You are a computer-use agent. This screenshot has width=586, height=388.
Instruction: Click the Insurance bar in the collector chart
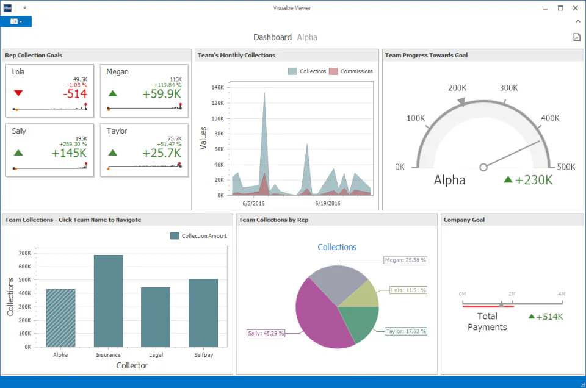(109, 301)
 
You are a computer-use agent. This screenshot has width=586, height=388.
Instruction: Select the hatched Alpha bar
(60, 318)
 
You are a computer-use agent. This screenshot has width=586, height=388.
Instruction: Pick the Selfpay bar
(203, 313)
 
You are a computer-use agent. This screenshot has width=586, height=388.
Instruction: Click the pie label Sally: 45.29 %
(266, 333)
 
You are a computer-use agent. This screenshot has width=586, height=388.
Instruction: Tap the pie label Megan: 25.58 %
(405, 260)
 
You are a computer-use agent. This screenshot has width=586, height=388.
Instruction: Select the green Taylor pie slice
(358, 322)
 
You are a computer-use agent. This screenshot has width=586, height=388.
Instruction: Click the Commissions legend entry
(351, 71)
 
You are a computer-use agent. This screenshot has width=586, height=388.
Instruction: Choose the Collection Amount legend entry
(198, 236)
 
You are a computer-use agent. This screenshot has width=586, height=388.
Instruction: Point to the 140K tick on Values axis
(217, 87)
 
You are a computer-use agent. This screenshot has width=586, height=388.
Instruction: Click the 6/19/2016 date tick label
(328, 204)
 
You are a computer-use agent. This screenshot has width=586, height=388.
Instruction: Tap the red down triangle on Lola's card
(18, 93)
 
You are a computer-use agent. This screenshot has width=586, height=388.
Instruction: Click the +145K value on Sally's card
(69, 153)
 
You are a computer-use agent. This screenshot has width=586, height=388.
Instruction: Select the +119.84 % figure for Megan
(167, 85)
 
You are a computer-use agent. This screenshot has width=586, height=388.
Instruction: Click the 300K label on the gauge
(508, 88)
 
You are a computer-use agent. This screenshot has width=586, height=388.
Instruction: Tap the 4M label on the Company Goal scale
(562, 294)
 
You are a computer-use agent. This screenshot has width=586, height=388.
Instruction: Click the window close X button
(576, 8)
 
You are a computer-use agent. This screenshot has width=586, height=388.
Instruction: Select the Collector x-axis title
(132, 365)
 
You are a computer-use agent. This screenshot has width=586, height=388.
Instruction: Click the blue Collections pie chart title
(337, 247)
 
